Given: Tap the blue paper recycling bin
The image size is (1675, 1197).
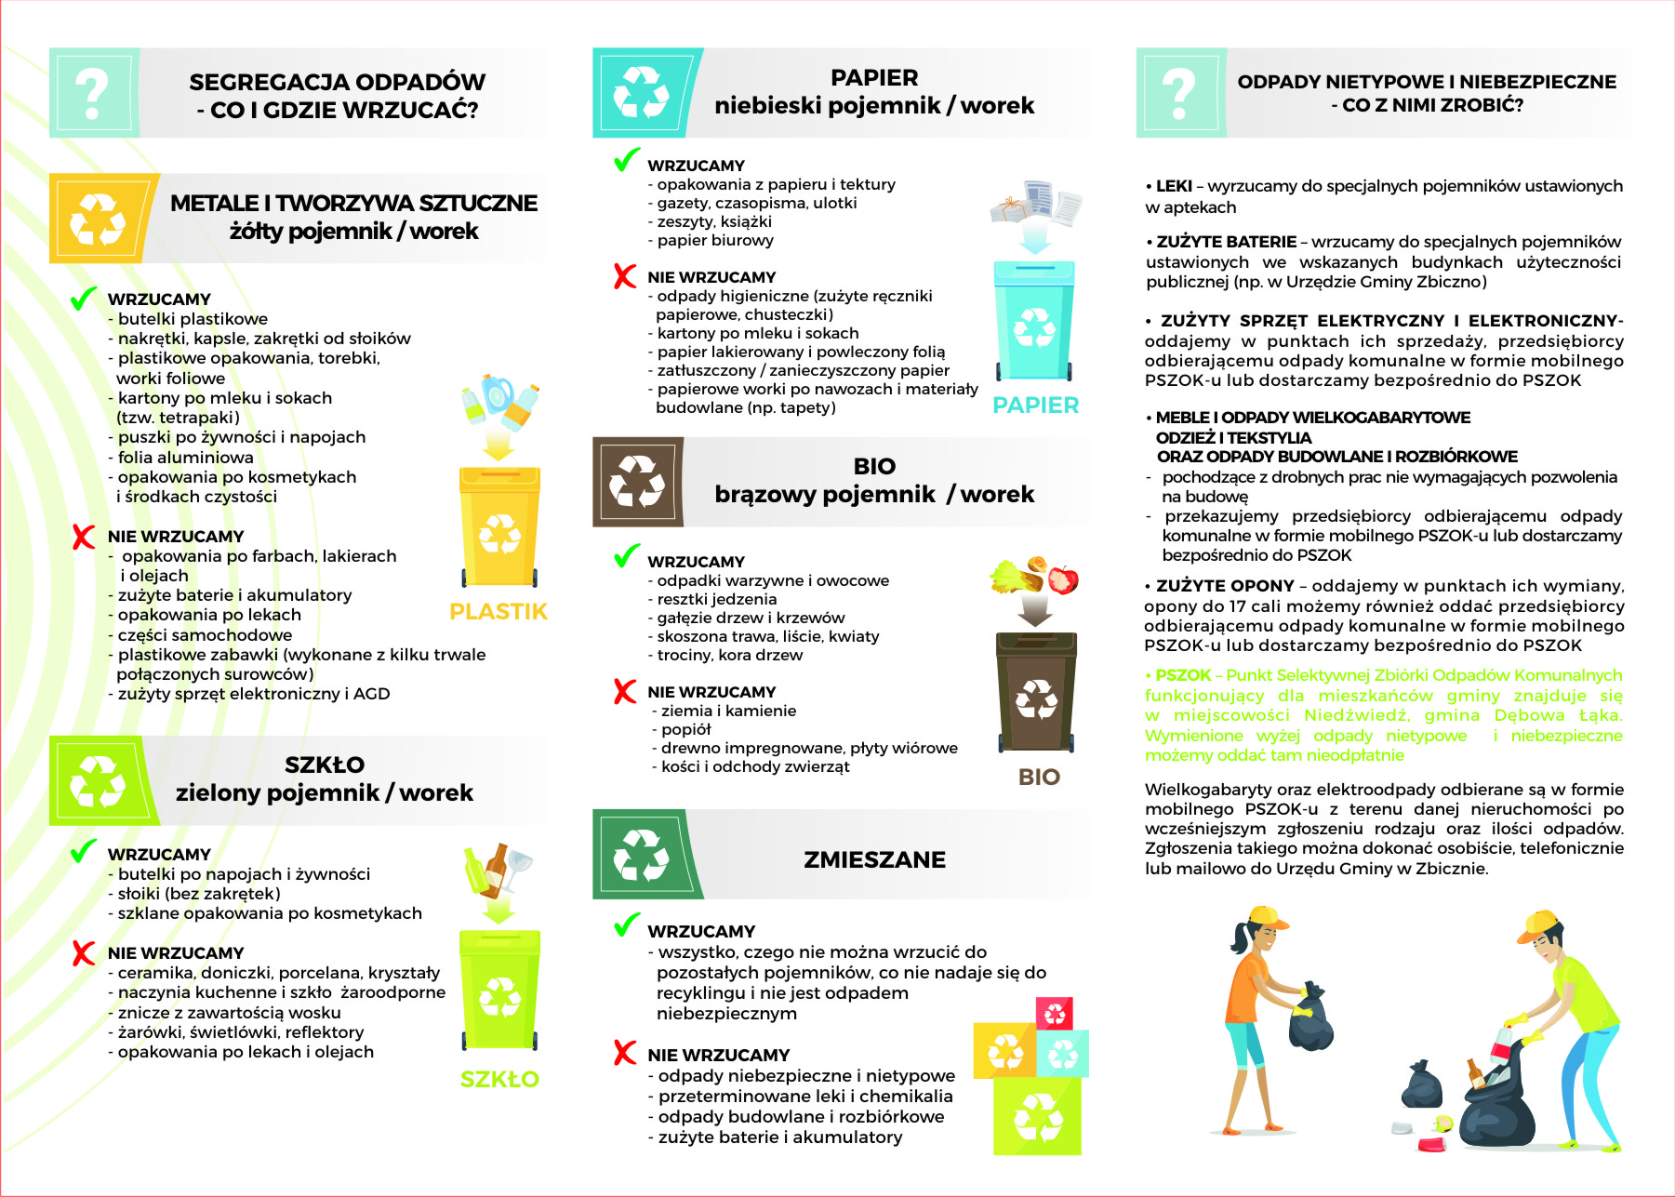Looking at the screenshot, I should tap(1034, 322).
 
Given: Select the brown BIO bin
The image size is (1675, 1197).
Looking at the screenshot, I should tap(1036, 693).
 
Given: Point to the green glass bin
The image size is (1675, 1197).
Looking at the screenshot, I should tap(499, 991).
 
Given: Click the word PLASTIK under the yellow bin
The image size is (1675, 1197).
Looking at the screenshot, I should tap(499, 612).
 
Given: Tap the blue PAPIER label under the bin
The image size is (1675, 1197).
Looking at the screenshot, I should tap(1036, 406).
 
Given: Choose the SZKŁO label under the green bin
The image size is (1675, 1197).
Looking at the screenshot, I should tap(499, 1080).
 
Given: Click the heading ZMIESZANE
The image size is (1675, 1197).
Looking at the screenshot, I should tap(874, 859).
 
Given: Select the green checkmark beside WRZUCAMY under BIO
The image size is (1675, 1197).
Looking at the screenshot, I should tap(627, 556).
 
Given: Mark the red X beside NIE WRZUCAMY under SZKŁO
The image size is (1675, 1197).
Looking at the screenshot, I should tap(84, 952).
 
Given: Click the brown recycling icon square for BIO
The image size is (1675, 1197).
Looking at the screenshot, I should tap(637, 482).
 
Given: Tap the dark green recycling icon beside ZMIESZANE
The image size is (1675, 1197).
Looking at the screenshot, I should tap(642, 855).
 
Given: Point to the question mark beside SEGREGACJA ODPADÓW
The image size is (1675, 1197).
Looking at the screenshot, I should tap(93, 93).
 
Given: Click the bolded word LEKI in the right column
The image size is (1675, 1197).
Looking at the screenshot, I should tap(1174, 186).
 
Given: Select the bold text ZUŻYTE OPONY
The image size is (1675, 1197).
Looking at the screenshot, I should tap(1225, 586).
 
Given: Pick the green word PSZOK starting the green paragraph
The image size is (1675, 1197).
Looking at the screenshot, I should tap(1183, 675).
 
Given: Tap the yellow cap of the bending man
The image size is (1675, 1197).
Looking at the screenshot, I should tap(1536, 924).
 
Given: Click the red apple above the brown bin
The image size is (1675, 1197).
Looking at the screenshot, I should tap(1063, 579).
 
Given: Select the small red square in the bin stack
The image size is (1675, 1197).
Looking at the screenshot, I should tap(1055, 1012).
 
